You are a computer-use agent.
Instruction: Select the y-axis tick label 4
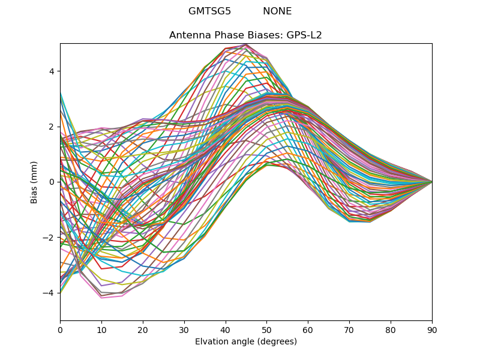52,71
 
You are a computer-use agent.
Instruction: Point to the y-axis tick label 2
52,127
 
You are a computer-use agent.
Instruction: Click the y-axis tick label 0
52,182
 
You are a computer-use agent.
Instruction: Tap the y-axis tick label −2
49,238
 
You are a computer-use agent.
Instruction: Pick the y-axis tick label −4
49,293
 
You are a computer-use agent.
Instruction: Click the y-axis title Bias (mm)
34,182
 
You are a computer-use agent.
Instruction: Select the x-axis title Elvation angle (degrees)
246,341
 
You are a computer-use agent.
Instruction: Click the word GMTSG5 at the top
209,11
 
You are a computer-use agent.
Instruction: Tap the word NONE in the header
277,11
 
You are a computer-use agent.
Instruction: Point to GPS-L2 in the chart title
304,35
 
